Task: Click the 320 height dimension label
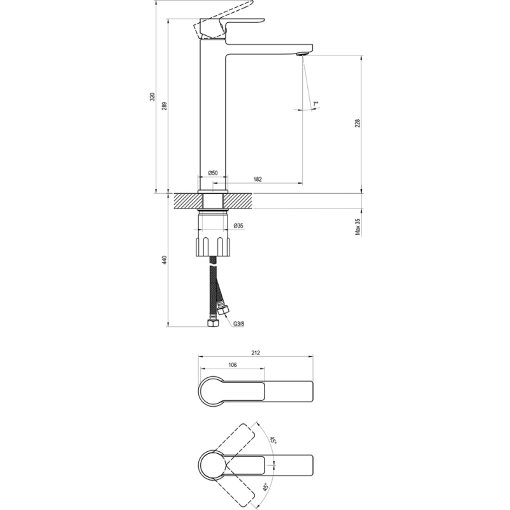[x=152, y=97]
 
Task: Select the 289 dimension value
[x=164, y=106]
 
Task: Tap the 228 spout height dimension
[x=358, y=123]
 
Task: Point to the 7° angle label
[x=316, y=104]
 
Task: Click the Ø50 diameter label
[x=213, y=173]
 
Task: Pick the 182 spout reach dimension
[x=258, y=179]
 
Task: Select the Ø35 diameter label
[x=238, y=226]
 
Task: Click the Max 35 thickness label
[x=358, y=227]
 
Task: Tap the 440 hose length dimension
[x=164, y=260]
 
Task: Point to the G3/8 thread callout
[x=238, y=324]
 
